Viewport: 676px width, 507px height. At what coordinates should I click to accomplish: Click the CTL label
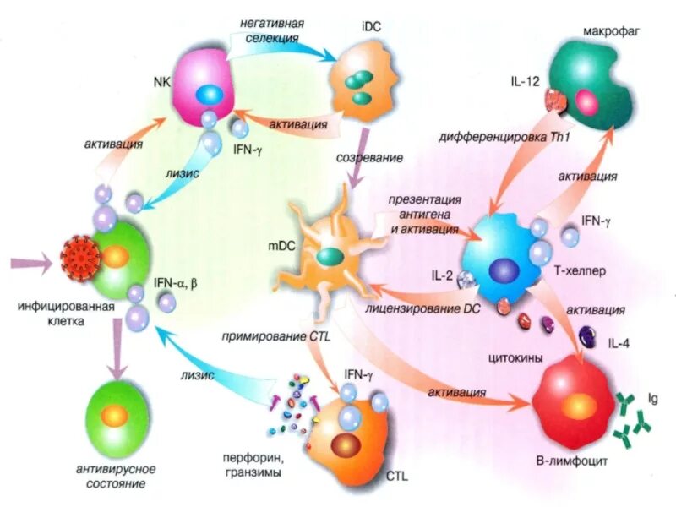[x=396, y=477]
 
